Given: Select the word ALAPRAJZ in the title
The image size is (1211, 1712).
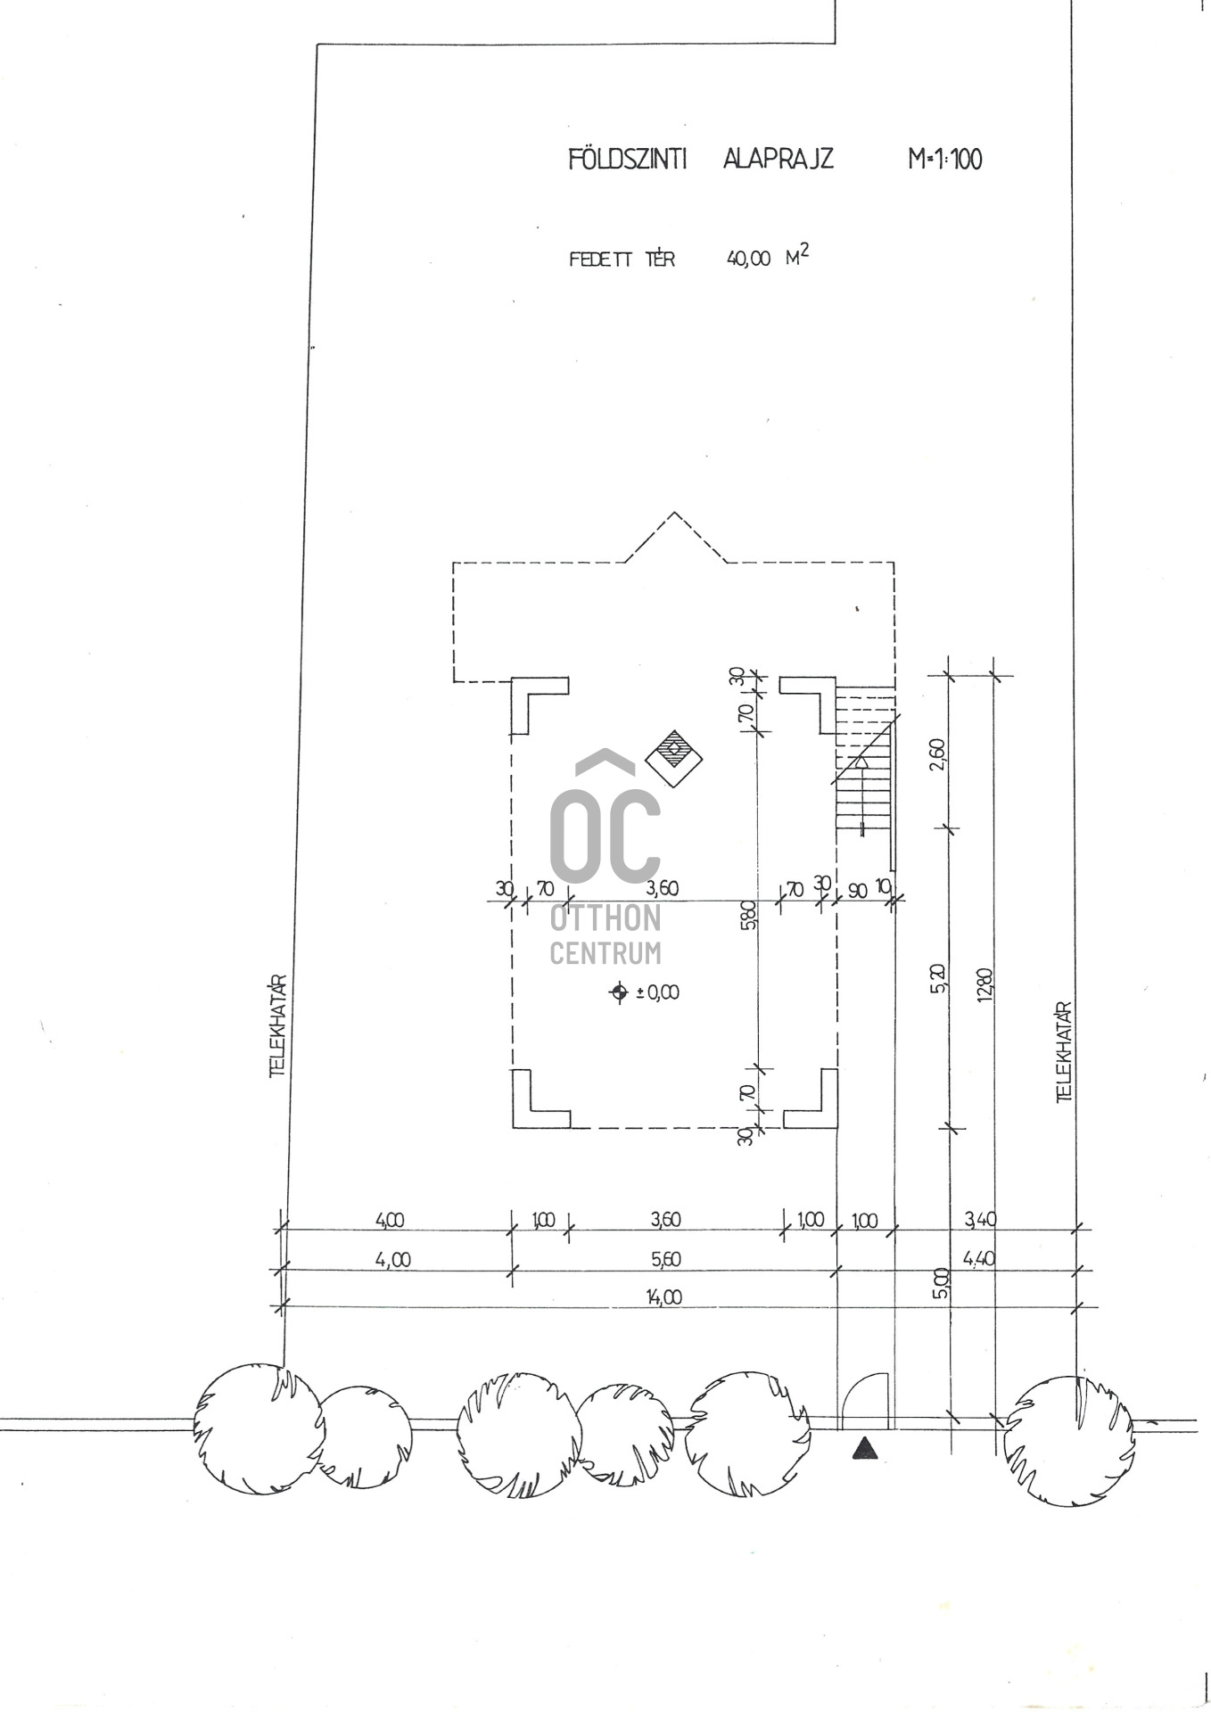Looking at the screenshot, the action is coord(778,159).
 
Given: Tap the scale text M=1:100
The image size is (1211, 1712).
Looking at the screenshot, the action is coord(944,160).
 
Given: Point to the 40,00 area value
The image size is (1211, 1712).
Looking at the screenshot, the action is coord(748,259).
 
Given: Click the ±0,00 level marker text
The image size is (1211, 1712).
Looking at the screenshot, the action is coord(656,992).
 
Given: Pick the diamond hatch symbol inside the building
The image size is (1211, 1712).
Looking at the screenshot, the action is coord(673,759).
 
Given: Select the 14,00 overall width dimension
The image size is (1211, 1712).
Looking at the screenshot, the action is coord(664,1296).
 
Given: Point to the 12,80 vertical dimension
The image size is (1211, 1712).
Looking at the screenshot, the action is coord(984,984).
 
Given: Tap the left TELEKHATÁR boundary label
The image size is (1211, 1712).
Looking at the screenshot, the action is coord(277,1025).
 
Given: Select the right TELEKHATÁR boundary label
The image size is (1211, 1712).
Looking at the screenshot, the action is coord(1063,1052).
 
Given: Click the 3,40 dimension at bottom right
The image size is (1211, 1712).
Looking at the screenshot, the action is coord(979,1218).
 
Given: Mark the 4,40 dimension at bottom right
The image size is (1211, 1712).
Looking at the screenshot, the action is coord(979,1259).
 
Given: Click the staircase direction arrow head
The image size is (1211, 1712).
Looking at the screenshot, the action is coord(861,761).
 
